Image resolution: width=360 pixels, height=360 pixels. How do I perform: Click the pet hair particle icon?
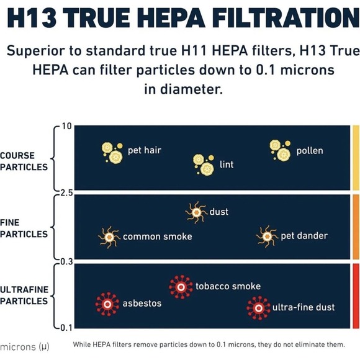tap(112, 151)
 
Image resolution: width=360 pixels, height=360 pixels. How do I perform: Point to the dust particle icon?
tap(196, 212)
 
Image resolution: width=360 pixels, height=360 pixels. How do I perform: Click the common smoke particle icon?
tap(109, 236)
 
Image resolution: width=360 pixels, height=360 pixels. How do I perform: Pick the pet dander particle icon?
tap(267, 236)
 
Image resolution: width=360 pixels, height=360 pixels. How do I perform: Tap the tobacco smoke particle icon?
tap(181, 286)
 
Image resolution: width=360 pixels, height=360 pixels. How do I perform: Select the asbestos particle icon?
tap(107, 304)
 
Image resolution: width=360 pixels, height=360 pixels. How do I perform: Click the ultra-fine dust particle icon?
tap(258, 307)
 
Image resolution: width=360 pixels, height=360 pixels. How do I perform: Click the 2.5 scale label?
tap(66, 192)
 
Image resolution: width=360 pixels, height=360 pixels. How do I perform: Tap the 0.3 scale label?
tap(66, 261)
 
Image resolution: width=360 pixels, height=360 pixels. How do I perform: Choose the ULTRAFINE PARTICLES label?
tap(24, 295)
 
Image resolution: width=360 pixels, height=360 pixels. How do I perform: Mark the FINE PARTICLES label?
tap(24, 228)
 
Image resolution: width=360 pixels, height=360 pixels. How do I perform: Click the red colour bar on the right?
tap(356, 295)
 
